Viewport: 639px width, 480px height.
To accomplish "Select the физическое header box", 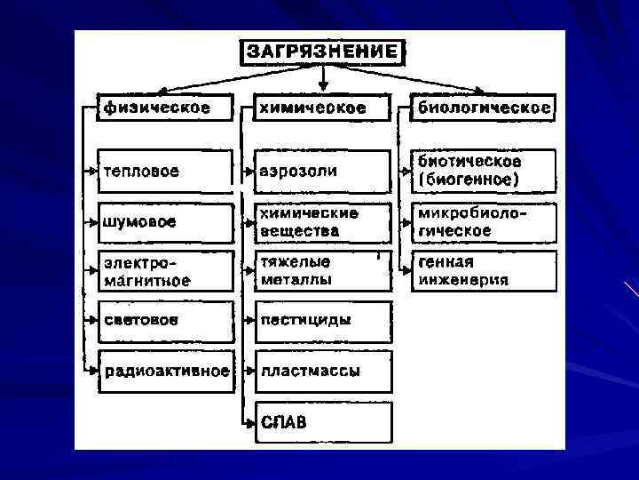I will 166,108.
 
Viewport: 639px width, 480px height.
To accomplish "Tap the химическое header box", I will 322,108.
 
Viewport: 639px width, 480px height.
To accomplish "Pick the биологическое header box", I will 485,108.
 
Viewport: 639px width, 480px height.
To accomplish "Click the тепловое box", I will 166,171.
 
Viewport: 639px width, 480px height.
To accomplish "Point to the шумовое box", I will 166,221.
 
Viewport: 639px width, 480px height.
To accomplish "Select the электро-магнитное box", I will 166,271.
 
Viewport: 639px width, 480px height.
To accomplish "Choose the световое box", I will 166,319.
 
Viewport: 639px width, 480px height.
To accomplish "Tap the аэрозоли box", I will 322,171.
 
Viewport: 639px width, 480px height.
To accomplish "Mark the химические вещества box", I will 322,222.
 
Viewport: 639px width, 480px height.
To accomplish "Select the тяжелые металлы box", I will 322,271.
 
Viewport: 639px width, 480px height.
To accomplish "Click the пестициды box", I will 322,320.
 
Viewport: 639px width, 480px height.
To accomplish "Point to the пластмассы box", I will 322,371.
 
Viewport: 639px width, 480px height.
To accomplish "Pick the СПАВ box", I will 322,422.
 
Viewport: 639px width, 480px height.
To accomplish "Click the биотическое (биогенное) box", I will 485,171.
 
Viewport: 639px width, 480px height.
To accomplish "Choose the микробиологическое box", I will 485,222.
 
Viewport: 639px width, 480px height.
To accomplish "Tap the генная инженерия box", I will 485,271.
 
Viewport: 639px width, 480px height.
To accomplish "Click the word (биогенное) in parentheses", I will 469,180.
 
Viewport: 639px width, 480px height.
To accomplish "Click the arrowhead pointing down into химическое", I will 323,87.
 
